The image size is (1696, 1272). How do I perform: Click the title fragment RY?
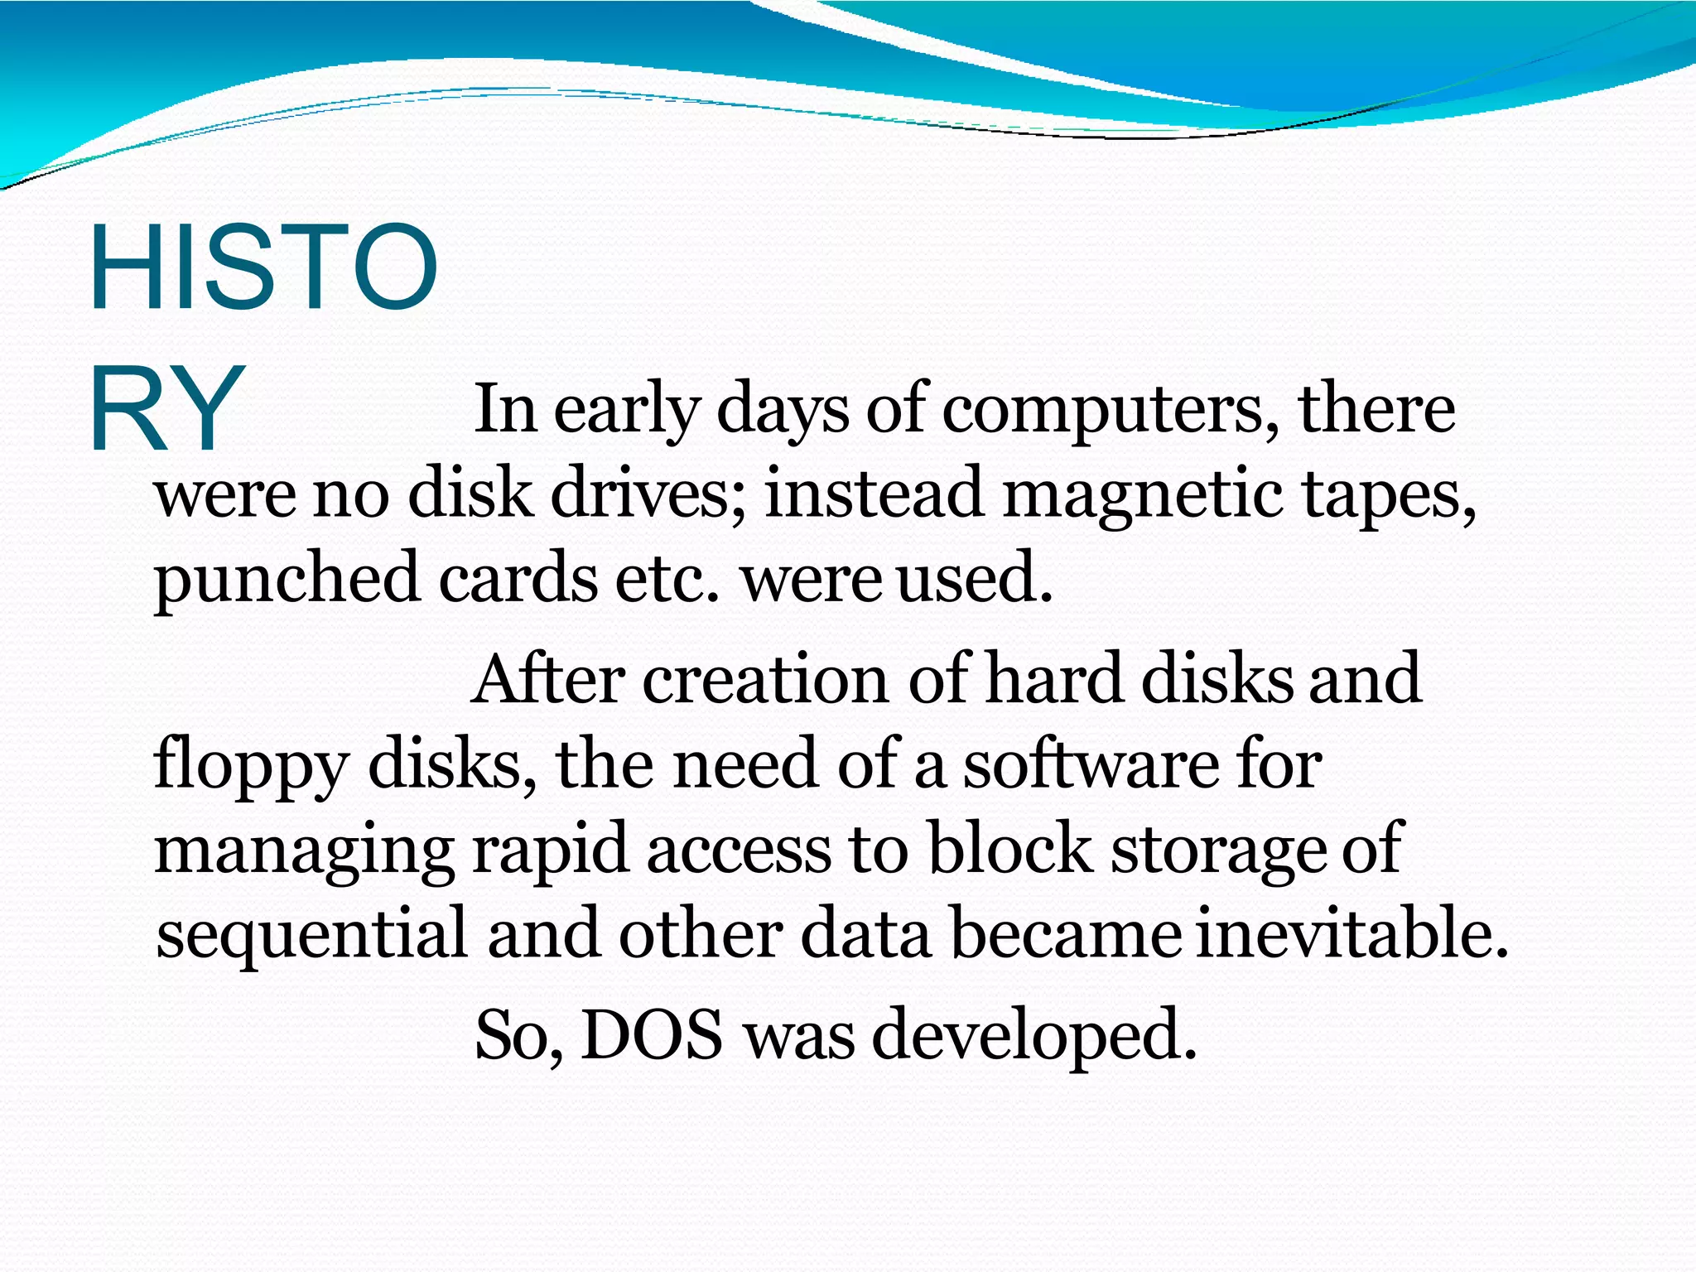click(x=166, y=409)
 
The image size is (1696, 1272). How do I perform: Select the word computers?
click(x=1110, y=409)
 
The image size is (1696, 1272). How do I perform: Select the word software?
click(x=1091, y=764)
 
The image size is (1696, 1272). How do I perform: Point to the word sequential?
click(x=312, y=934)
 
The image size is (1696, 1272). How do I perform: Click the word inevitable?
click(x=1351, y=932)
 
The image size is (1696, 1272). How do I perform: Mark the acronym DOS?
click(x=652, y=1034)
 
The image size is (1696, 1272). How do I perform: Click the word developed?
click(x=1034, y=1036)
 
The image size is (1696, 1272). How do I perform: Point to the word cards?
click(x=518, y=578)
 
